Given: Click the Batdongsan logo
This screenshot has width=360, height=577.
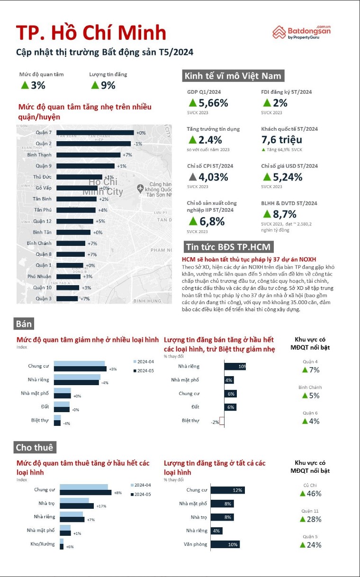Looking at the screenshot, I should click(301, 32).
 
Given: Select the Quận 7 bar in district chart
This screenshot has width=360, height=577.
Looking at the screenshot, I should click(95, 133).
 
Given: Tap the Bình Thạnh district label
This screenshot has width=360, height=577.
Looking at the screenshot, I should click(39, 155).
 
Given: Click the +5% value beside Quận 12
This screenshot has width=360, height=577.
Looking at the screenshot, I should click(100, 221).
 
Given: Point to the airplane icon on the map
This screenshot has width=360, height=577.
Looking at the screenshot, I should click(140, 189).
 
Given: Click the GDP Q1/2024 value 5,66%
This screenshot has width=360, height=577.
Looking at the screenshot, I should click(208, 103).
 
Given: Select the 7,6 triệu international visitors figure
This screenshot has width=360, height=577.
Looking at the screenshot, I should click(281, 140).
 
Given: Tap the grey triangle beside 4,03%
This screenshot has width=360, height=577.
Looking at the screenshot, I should click(192, 177).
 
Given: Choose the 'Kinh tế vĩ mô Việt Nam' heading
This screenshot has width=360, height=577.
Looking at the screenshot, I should click(233, 76).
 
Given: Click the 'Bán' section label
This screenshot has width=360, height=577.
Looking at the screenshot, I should click(24, 324).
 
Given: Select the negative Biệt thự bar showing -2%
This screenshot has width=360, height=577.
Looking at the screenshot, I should click(222, 421).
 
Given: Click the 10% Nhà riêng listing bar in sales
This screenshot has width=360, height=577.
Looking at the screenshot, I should click(235, 366).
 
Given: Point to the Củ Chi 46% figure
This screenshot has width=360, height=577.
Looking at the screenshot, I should click(311, 494).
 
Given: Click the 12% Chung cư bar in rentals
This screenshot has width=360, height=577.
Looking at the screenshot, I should click(227, 490).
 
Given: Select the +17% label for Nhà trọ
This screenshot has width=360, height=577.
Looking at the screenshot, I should click(101, 506).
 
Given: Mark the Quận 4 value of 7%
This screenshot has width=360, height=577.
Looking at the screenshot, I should click(311, 370).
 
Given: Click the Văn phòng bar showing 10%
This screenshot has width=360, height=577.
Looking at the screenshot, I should click(225, 545).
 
